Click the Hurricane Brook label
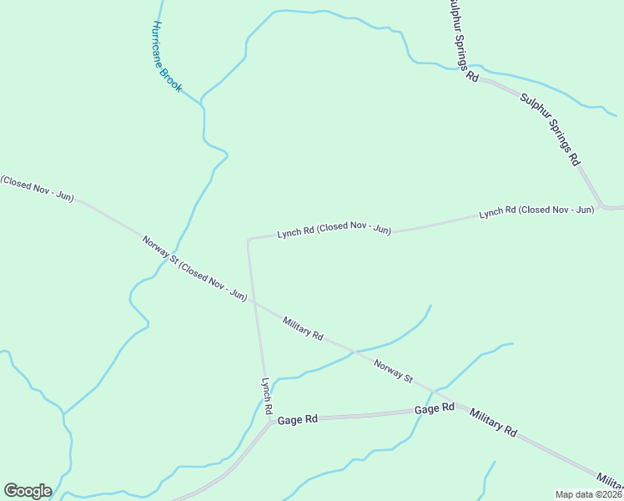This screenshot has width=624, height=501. pos(167,57)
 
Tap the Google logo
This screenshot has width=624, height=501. pos(28,491)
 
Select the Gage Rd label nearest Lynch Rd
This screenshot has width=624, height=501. pos(298,419)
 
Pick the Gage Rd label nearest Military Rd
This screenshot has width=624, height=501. pos(435,408)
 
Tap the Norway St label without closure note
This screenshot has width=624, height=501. pos(393,372)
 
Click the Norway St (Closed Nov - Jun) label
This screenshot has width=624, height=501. pos(194,269)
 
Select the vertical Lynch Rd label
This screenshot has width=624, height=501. pos(266,397)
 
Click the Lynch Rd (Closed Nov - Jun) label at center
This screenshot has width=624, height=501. pos(334,229)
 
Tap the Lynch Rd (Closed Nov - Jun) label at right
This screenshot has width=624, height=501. pos(536,211)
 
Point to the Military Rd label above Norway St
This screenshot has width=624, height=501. pos(303,328)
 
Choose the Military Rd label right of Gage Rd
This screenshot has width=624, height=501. pos(493,423)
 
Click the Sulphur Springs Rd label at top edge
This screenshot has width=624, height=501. pos(461,38)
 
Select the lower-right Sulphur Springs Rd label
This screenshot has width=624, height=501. pos(549,129)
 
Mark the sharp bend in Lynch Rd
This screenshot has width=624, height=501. pos(249,240)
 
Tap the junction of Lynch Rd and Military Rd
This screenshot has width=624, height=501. pos(256,304)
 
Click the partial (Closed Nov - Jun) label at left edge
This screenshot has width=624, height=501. pos(37,189)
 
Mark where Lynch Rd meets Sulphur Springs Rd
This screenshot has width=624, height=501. pos(601,206)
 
